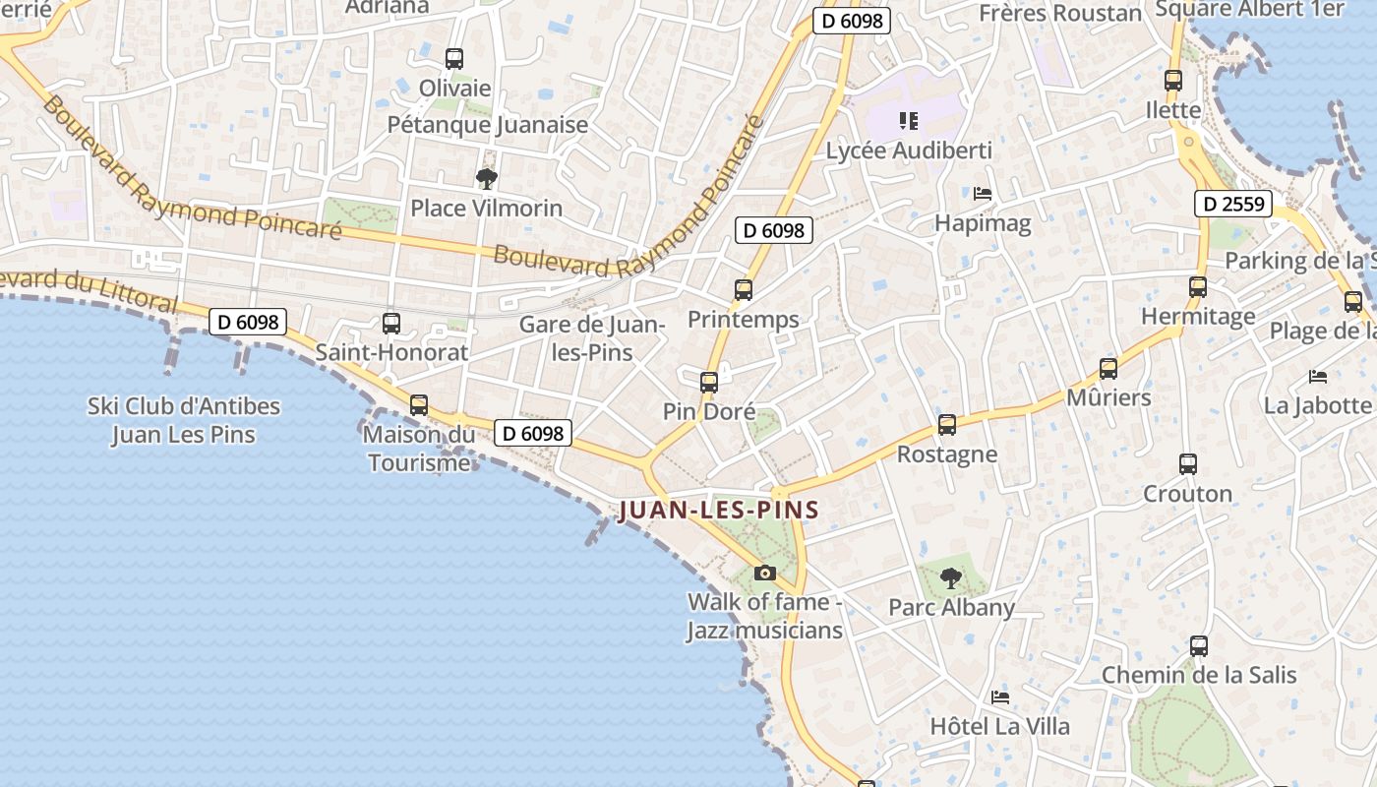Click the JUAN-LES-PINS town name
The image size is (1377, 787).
(718, 511)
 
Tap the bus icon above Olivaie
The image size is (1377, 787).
(453, 59)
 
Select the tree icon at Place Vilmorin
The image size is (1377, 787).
(486, 178)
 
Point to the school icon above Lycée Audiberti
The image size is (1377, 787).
(909, 121)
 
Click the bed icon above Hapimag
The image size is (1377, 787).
(982, 194)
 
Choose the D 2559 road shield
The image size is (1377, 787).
(1233, 205)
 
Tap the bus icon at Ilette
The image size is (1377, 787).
(1172, 81)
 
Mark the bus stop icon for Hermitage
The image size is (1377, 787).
(1197, 287)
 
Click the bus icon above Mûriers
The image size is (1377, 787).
(1108, 369)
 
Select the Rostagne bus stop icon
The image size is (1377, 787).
(946, 425)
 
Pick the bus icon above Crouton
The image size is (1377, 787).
(1187, 463)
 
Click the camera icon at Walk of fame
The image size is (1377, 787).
(764, 573)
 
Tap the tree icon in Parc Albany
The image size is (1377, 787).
(950, 577)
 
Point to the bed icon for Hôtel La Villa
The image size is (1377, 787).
(1000, 697)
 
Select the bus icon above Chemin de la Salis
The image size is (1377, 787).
(1198, 646)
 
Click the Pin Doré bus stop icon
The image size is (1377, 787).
(708, 383)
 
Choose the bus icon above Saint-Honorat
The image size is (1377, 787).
(390, 323)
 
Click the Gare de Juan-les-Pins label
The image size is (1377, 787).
(592, 337)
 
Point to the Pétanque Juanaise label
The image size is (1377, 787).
(487, 125)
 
